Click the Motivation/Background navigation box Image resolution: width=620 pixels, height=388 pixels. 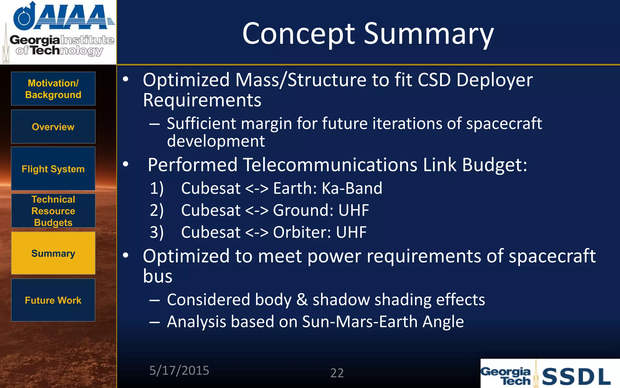[53, 89]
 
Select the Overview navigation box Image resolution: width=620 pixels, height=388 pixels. [53, 127]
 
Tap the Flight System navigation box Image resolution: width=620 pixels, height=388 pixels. [53, 169]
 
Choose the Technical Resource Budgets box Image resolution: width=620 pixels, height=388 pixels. [53, 211]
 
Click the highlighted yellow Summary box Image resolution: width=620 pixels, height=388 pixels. [53, 253]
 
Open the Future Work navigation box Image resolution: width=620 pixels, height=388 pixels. [53, 300]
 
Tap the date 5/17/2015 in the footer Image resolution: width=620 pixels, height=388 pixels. [179, 370]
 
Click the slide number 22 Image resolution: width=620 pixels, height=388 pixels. [337, 373]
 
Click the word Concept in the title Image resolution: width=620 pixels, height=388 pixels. [298, 34]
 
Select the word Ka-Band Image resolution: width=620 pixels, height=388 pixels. [352, 188]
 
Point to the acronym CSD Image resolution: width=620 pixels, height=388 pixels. [434, 80]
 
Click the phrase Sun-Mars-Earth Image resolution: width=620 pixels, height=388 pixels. [360, 322]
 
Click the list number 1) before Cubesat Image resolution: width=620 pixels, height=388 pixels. [157, 188]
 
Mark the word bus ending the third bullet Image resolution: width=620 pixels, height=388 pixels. [157, 276]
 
